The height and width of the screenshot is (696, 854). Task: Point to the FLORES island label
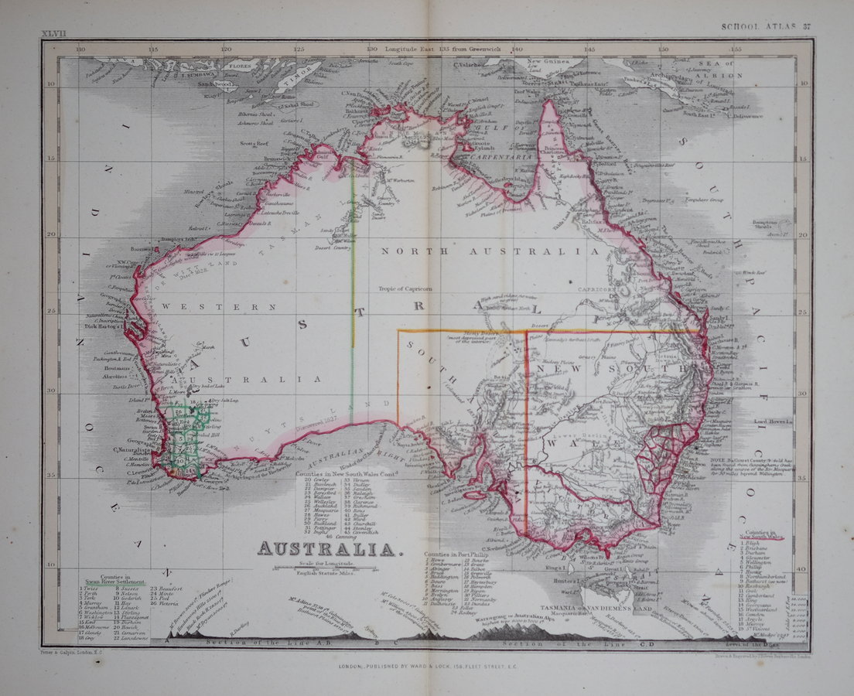coord(239,67)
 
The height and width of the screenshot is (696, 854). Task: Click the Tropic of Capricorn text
coord(408,289)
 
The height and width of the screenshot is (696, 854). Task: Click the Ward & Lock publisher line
coord(426,666)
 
